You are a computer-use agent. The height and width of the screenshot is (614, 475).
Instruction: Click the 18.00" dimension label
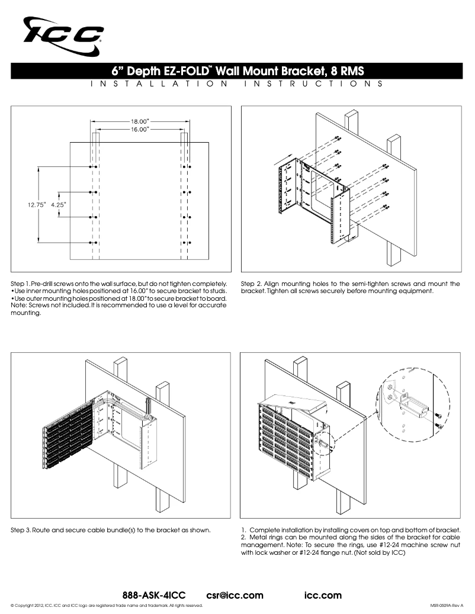click(x=140, y=121)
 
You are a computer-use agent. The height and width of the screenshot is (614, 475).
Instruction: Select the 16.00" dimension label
click(x=140, y=128)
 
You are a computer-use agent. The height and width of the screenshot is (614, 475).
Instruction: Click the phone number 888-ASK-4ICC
click(x=154, y=594)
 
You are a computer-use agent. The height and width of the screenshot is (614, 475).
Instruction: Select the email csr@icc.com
click(x=235, y=594)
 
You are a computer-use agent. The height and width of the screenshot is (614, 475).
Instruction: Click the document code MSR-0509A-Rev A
click(x=446, y=606)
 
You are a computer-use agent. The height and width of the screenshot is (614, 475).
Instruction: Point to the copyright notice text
click(x=107, y=606)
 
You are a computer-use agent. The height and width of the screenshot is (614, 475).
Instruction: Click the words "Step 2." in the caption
click(x=251, y=284)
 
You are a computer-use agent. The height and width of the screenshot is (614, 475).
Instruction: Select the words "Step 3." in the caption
click(x=21, y=529)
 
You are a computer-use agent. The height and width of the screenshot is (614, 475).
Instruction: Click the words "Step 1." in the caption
click(x=21, y=284)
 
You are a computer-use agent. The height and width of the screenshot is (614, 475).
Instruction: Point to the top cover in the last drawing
click(x=296, y=406)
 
